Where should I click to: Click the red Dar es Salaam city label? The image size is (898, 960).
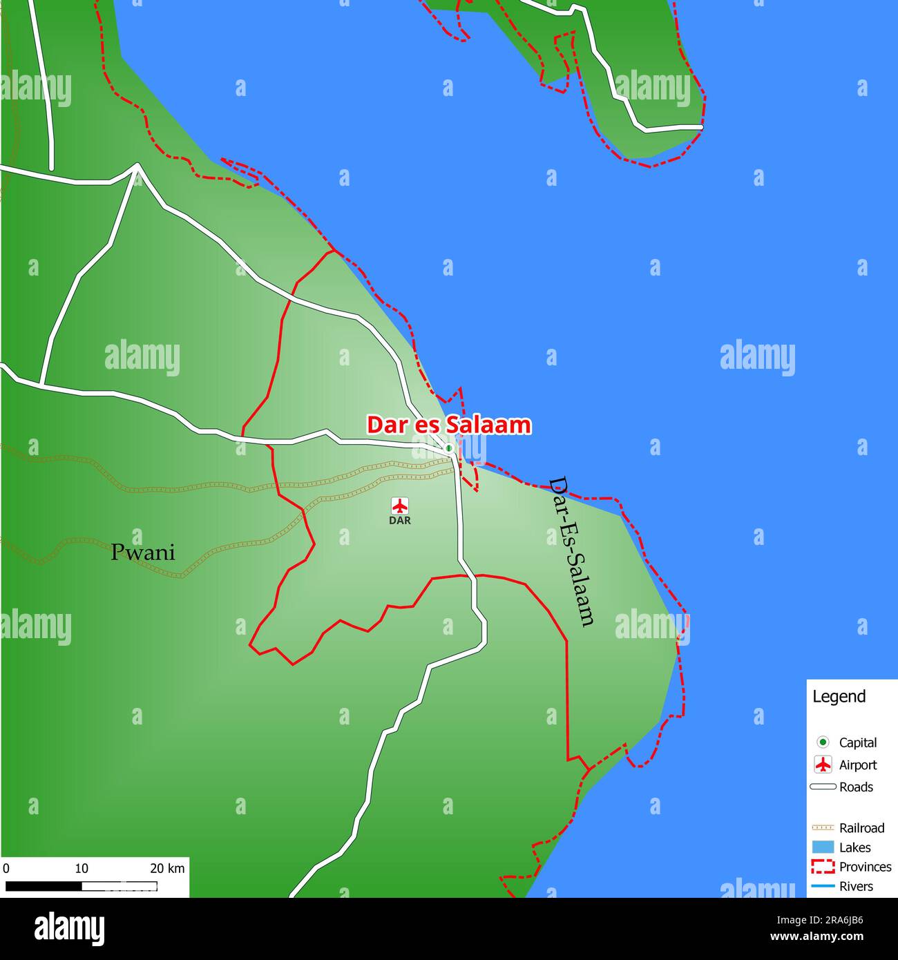tap(448, 425)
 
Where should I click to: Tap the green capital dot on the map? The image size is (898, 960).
tap(449, 448)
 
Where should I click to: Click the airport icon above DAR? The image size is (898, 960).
tap(400, 506)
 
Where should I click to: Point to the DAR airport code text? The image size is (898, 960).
tap(400, 521)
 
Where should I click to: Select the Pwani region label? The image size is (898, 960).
tap(143, 553)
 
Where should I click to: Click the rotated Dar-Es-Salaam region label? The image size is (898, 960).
tap(571, 551)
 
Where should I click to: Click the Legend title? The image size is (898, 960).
tap(839, 696)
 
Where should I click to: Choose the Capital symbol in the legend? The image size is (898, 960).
tap(823, 742)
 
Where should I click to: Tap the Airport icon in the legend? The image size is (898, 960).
tap(823, 765)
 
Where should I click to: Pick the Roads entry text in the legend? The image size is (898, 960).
tap(856, 787)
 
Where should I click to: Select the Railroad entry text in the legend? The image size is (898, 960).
tap(861, 827)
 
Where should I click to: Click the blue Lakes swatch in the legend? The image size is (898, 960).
tap(823, 847)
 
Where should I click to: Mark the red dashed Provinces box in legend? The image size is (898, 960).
tap(823, 867)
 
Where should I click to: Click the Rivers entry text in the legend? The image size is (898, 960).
tap(856, 886)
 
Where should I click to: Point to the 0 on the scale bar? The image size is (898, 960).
tap(6, 868)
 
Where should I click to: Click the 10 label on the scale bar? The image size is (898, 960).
tap(82, 868)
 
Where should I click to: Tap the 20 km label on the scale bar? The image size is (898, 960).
tap(167, 868)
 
